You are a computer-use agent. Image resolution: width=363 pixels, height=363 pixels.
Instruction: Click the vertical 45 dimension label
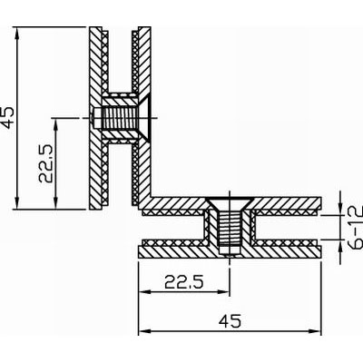(x=8, y=118)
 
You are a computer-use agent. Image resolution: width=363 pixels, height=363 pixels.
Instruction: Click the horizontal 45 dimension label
(x=230, y=321)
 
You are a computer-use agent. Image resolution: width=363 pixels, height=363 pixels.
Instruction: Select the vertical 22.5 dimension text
(x=46, y=163)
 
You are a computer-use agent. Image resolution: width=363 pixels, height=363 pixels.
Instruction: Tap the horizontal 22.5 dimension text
(x=184, y=282)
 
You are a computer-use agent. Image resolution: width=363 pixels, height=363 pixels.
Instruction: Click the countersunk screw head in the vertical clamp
(x=144, y=118)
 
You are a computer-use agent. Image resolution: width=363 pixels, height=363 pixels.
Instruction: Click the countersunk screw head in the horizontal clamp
(x=230, y=204)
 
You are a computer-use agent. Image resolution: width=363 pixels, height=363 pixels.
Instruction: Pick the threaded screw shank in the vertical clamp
(x=120, y=118)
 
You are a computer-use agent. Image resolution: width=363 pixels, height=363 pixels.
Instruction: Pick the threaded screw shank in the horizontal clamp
(x=230, y=226)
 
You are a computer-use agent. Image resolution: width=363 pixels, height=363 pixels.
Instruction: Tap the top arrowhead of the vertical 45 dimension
(x=17, y=32)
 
